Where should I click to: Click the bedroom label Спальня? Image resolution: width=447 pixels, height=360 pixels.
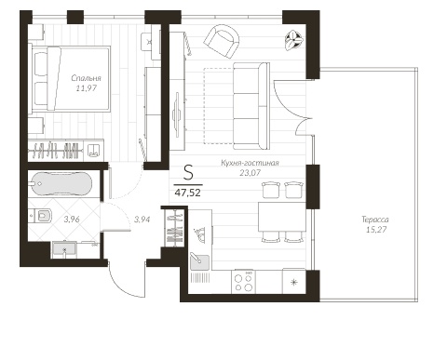click(86, 78)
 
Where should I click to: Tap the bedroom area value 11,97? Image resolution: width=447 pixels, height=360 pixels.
click(87, 88)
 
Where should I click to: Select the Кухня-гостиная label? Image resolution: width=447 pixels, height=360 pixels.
click(250, 163)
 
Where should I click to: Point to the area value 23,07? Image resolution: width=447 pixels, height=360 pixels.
click(250, 173)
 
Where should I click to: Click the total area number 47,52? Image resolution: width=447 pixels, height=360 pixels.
click(188, 193)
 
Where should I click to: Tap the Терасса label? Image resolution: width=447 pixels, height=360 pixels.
click(375, 220)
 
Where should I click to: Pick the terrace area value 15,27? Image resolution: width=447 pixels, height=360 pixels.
click(375, 230)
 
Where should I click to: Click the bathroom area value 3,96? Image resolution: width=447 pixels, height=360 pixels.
click(72, 220)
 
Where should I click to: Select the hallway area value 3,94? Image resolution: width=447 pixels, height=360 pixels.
click(142, 220)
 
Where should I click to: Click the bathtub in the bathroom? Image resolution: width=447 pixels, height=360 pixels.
click(61, 183)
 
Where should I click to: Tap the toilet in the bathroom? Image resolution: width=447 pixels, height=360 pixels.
click(41, 215)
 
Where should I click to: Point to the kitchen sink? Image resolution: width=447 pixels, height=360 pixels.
click(199, 261)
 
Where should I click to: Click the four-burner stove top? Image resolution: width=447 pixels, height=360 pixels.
click(243, 282)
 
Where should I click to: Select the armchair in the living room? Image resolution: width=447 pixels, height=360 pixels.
click(222, 41)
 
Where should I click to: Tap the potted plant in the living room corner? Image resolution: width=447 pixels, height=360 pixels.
click(293, 40)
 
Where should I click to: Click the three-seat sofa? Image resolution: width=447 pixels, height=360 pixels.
click(251, 106)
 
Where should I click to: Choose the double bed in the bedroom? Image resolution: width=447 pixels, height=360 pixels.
click(70, 79)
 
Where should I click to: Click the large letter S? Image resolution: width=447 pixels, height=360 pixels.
click(188, 173)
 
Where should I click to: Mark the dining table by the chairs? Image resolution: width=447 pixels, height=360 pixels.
click(282, 217)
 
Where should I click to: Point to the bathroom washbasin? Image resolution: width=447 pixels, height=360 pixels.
click(64, 248)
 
